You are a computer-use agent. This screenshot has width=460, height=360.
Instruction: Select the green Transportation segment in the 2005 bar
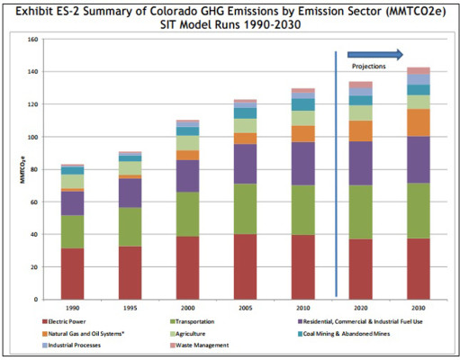tap(246, 209)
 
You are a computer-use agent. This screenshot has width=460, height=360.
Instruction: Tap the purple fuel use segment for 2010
tap(302, 163)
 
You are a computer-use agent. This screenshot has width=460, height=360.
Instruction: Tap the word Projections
tap(368, 66)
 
